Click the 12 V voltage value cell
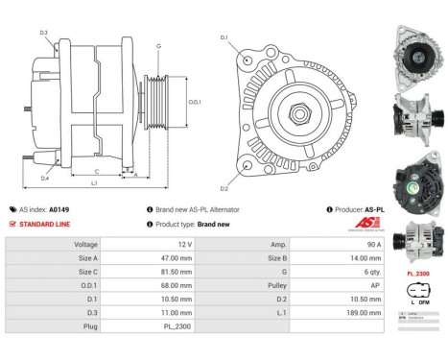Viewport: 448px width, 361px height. (x=183, y=245)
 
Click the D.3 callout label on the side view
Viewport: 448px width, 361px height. (x=44, y=33)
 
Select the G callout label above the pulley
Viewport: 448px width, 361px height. (x=158, y=46)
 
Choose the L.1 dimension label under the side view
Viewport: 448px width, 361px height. (x=93, y=181)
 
